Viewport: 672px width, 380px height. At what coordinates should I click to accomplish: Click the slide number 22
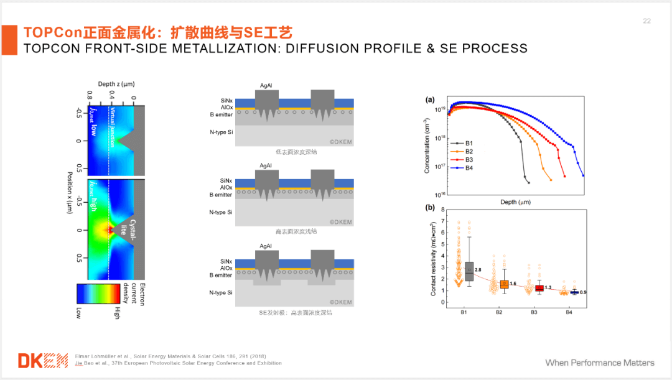(646, 21)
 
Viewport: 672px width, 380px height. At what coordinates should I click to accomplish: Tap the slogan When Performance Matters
(600, 363)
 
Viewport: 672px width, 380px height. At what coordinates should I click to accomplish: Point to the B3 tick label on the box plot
(534, 311)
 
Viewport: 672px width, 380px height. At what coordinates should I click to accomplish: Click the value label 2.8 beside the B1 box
(478, 270)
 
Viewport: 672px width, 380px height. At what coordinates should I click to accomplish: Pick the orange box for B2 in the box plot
(504, 284)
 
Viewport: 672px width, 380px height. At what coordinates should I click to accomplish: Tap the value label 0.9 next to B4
(582, 292)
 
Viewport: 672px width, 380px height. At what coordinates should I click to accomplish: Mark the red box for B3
(539, 288)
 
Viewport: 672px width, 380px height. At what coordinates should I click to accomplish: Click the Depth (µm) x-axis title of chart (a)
(515, 202)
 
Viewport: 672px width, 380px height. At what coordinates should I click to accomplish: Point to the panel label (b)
(430, 208)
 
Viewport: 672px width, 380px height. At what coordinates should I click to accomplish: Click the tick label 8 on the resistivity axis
(442, 210)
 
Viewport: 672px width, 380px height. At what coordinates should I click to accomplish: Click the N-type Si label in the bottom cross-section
(222, 292)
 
